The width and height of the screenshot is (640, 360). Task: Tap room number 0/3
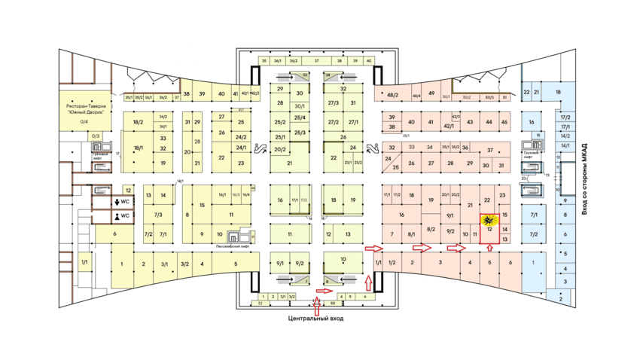pyautogui.click(x=84, y=136)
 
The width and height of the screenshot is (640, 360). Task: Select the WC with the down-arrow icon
pyautogui.click(x=122, y=202)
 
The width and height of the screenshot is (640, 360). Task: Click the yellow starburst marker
pyautogui.click(x=488, y=221)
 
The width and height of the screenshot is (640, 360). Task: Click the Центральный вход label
pyautogui.click(x=315, y=319)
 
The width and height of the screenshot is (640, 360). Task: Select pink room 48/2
pyautogui.click(x=392, y=95)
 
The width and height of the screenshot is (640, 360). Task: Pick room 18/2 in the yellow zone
pyautogui.click(x=138, y=121)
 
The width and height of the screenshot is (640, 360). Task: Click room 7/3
pyautogui.click(x=159, y=215)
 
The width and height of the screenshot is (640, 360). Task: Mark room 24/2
pyautogui.click(x=242, y=137)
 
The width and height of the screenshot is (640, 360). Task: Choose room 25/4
pyautogui.click(x=300, y=117)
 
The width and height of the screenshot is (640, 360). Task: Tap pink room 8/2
pyautogui.click(x=431, y=229)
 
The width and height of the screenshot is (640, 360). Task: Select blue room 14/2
pyautogui.click(x=565, y=136)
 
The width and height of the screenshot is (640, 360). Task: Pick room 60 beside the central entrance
pyautogui.click(x=332, y=304)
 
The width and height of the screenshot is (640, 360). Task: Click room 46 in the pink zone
pyautogui.click(x=504, y=122)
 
